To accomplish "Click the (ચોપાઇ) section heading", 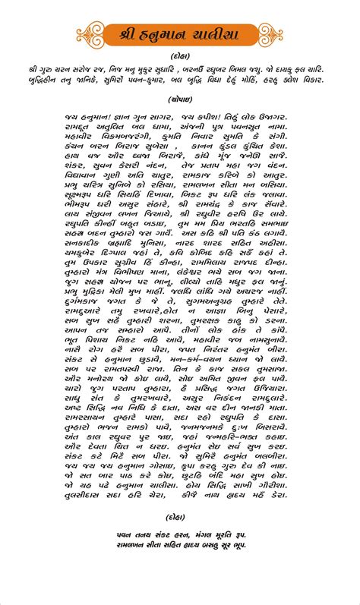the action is pos(179,99).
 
